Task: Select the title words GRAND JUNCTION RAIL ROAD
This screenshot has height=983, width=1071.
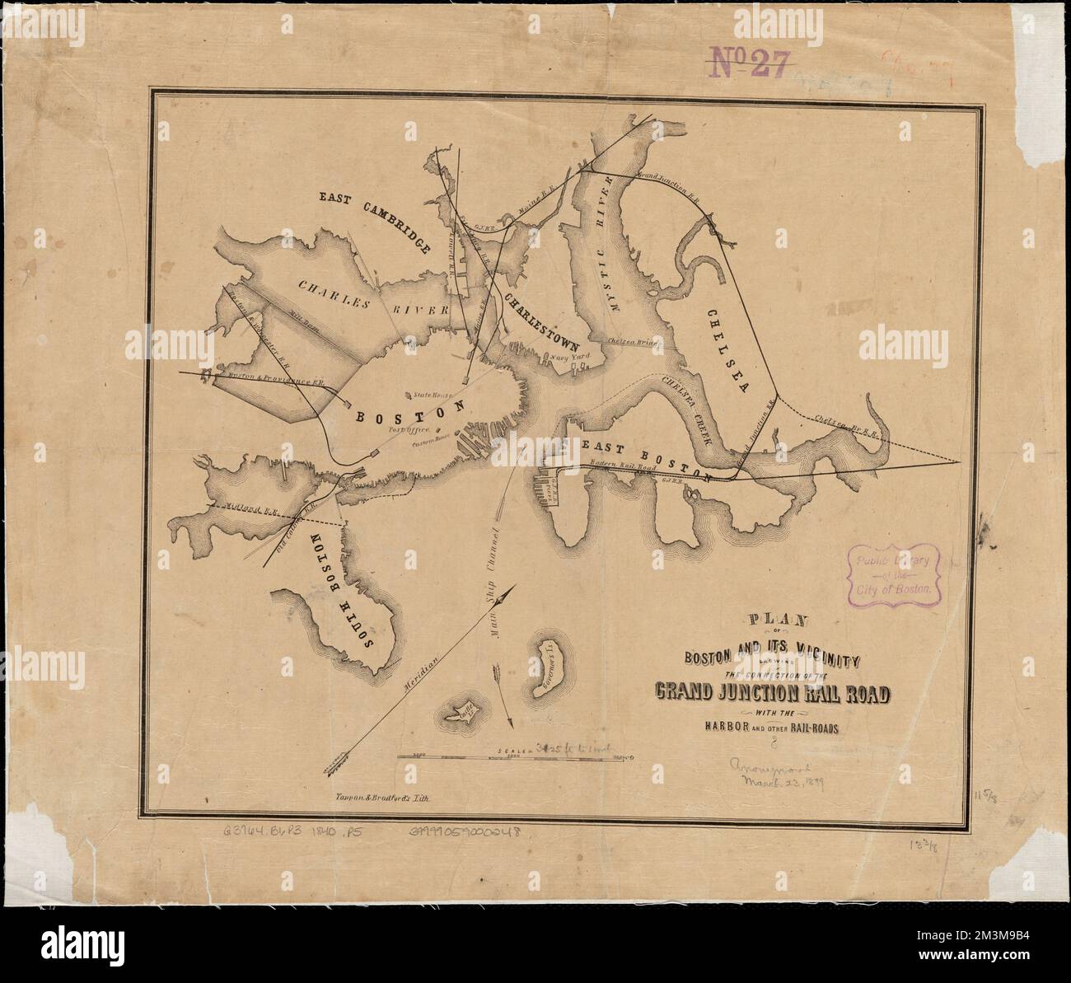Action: (x=773, y=694)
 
